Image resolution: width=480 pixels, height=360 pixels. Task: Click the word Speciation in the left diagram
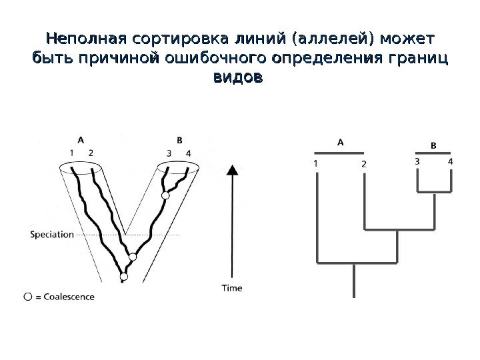(x=52, y=234)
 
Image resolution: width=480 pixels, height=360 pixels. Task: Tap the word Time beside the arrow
(x=231, y=288)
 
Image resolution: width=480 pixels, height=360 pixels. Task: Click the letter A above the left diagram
(x=80, y=140)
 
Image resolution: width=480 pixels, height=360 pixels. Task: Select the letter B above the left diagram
(x=179, y=140)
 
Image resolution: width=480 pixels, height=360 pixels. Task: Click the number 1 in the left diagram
(x=71, y=153)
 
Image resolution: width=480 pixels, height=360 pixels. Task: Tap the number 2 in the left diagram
(x=90, y=153)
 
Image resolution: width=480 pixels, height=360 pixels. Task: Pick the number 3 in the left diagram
(x=169, y=153)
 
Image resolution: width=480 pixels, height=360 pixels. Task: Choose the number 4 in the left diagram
(x=189, y=153)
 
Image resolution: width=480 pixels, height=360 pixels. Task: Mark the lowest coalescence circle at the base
(x=123, y=276)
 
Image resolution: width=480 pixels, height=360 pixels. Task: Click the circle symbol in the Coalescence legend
(x=27, y=296)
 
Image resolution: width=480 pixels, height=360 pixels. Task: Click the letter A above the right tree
(x=339, y=142)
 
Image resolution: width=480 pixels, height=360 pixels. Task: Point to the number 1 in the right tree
(x=315, y=162)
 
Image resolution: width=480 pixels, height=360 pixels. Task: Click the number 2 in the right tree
(x=363, y=163)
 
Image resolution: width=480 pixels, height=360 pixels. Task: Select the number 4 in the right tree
(x=451, y=161)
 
